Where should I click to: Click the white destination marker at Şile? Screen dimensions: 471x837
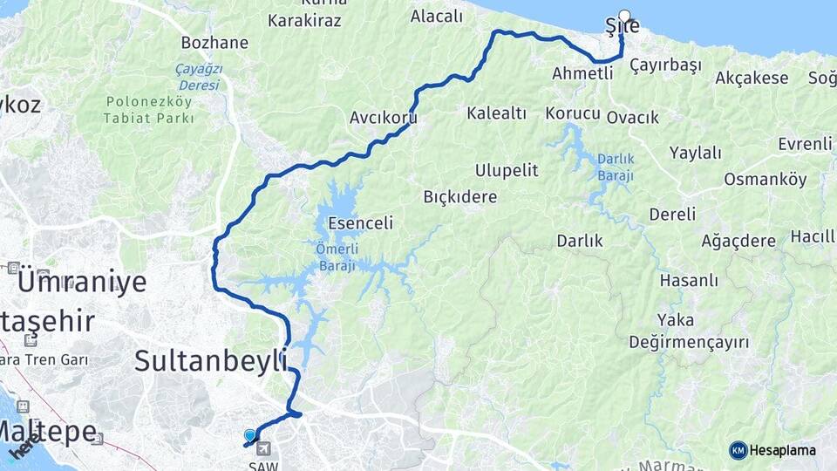pos(624,15)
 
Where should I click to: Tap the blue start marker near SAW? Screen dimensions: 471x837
pos(250,434)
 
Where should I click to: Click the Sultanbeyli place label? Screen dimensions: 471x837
pos(211,360)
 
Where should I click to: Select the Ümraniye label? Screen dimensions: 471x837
pos(82,282)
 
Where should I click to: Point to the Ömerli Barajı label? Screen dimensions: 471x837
pos(336,257)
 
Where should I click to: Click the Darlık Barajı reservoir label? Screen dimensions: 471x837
pos(616,167)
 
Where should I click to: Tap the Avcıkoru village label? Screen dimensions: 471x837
pos(383,117)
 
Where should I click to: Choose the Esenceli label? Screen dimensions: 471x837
pos(361,222)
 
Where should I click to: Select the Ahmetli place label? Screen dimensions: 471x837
pos(582,73)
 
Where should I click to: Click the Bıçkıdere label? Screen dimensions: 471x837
pos(459,196)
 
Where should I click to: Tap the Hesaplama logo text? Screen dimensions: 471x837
pos(783,450)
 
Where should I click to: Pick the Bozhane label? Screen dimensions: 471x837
pos(214,42)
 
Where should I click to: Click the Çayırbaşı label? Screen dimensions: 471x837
pos(665,65)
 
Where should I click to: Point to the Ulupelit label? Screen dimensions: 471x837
pos(507,169)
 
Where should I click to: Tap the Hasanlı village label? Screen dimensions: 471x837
pos(689,280)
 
